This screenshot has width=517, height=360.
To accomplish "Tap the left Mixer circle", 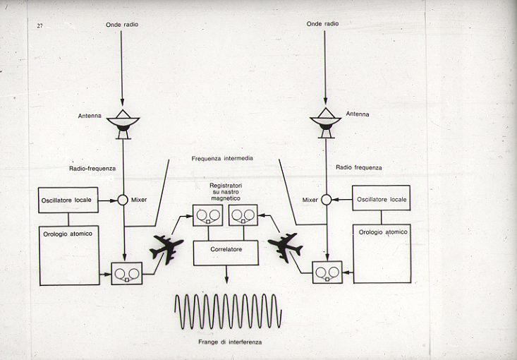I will click(x=123, y=200).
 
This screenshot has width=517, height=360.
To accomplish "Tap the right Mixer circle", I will click(x=326, y=200).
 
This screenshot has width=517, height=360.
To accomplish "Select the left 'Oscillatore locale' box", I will click(x=68, y=200).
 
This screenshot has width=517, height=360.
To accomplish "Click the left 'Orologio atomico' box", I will click(x=68, y=254).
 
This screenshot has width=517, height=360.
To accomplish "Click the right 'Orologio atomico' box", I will click(x=381, y=254).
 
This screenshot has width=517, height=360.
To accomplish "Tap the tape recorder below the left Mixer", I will click(x=127, y=273).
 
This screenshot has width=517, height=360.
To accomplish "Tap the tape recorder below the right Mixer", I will click(x=327, y=272).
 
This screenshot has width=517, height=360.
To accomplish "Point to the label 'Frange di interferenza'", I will click(x=229, y=343).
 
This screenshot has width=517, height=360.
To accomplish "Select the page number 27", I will click(x=39, y=25).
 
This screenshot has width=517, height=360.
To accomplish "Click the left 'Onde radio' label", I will click(x=122, y=25).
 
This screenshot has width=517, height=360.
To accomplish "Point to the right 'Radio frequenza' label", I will click(x=359, y=167).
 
